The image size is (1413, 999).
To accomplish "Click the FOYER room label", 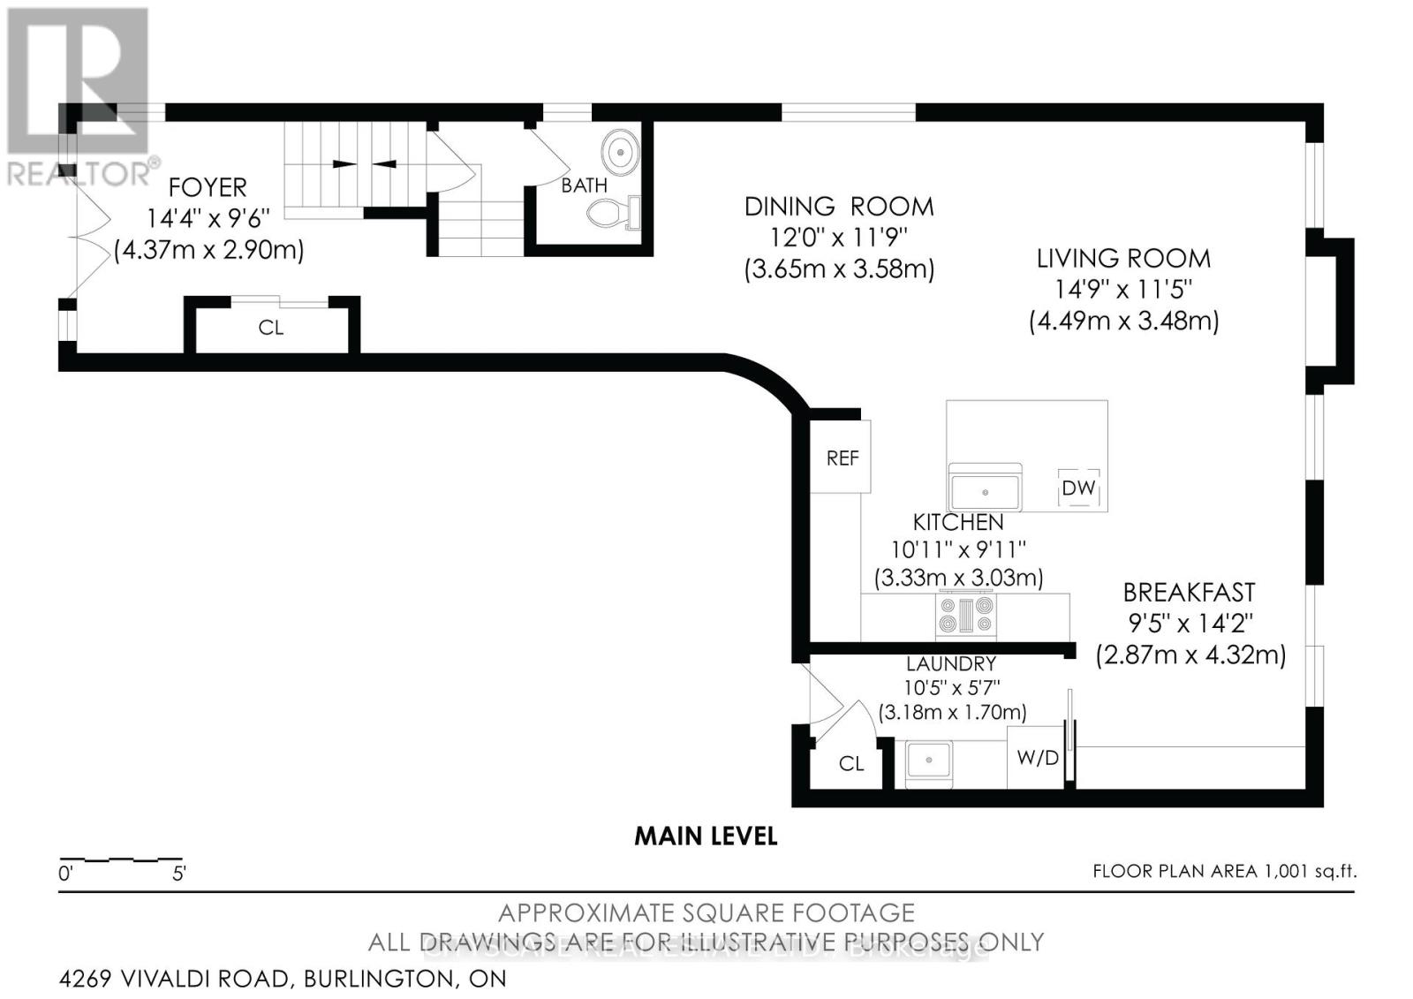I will (208, 187).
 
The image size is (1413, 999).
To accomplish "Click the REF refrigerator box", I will (842, 458).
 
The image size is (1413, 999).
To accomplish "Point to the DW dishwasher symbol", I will (1078, 488).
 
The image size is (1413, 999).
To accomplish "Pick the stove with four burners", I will (965, 614).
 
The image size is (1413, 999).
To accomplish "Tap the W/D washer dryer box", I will (1037, 758).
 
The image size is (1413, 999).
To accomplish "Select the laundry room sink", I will (927, 759).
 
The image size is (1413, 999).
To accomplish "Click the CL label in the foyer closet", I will (271, 328).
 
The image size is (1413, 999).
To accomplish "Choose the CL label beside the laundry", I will (851, 763).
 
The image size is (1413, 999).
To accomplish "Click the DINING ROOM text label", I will (838, 207).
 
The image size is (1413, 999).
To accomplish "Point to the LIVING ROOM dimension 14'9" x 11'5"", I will (1123, 289).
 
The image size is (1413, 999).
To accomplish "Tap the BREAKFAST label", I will (1189, 592).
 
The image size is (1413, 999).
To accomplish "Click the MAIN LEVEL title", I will (706, 836).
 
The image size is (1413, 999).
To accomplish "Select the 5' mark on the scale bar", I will (179, 874).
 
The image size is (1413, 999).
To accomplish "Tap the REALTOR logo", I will (79, 97).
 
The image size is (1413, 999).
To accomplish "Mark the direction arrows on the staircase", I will (364, 163).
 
